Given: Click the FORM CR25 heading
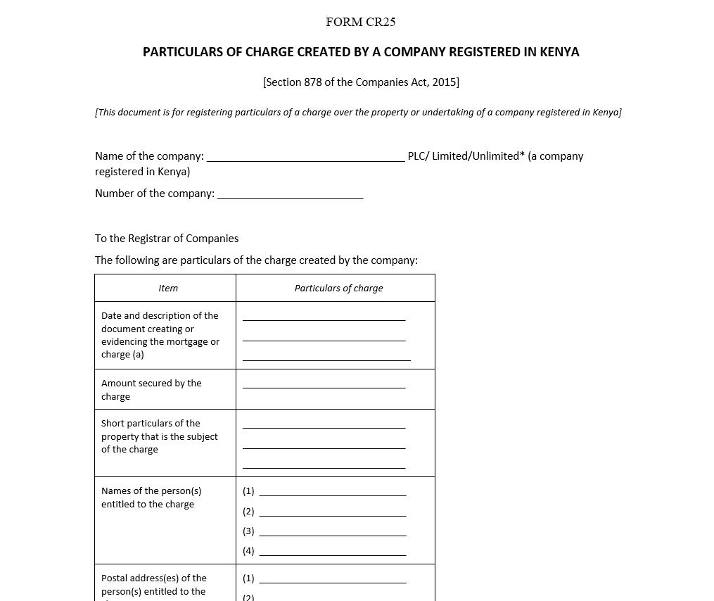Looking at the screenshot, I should [360, 22].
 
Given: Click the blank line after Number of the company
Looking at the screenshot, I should [290, 195].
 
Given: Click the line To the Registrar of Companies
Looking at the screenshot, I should [167, 239].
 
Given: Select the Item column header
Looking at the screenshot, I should [168, 289].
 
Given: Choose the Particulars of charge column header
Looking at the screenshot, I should [338, 289].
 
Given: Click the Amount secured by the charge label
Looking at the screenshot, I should [151, 390].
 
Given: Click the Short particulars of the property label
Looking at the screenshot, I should [159, 436].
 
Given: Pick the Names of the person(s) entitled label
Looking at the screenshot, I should [151, 498].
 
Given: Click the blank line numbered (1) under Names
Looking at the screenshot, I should [332, 493].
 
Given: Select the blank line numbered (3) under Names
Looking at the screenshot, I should [332, 533].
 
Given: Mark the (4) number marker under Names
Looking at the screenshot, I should [248, 551].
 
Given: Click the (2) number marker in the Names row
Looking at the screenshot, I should [248, 512].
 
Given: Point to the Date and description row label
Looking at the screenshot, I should [160, 335].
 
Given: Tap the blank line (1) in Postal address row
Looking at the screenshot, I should [332, 580].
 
